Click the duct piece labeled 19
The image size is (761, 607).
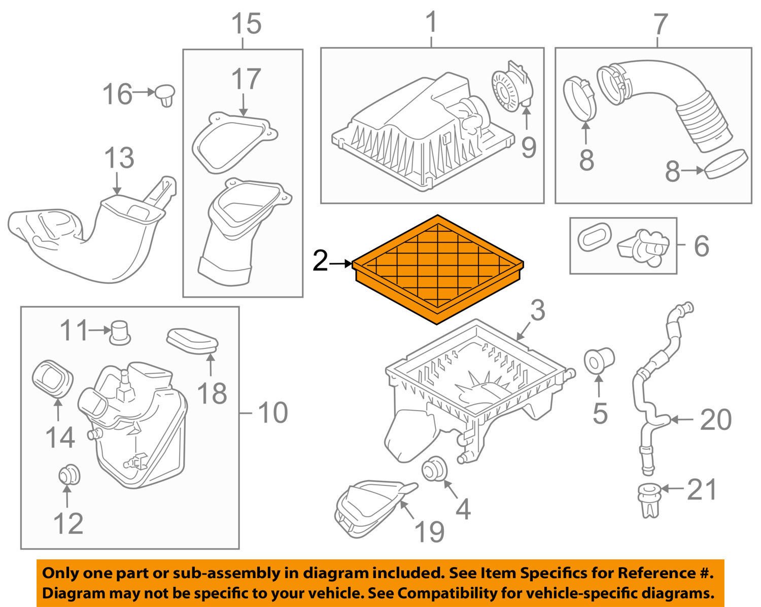(370, 507)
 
